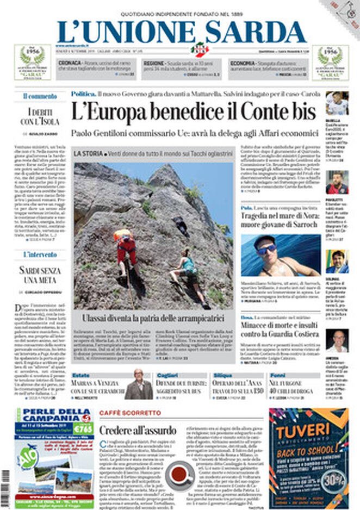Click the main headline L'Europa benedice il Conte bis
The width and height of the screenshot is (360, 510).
click(x=194, y=113)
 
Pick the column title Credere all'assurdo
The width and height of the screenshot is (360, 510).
click(x=138, y=430)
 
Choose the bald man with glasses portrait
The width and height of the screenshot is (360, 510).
click(x=138, y=384)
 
